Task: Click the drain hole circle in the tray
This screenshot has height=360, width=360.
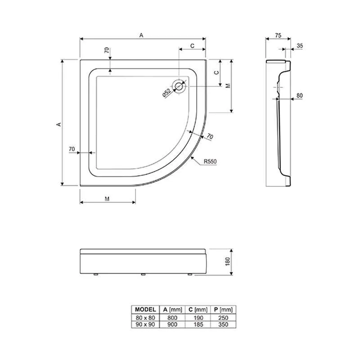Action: point(179,86)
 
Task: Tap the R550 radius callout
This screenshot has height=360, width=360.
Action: point(210,162)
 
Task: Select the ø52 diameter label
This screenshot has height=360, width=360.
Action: point(167,93)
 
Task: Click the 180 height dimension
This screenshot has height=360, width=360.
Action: point(228,261)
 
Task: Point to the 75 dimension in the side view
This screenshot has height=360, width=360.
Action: point(278,36)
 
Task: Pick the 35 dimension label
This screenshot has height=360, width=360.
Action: point(300,46)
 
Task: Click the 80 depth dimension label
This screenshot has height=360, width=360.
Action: point(299,95)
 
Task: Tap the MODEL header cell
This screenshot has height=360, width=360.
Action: point(145,310)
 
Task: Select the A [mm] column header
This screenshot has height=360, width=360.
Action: point(172,310)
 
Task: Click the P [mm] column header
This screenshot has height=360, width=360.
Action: point(223,310)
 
